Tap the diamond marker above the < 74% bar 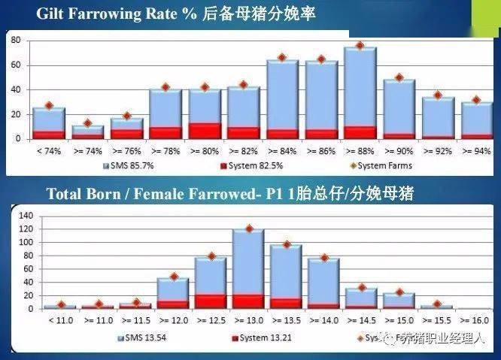coord(49,106)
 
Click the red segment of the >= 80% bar coord(205,131)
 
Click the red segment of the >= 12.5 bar coord(211,301)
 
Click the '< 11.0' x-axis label coord(59,319)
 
